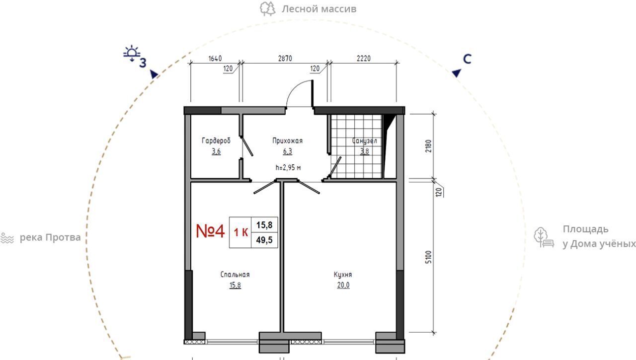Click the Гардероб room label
[216, 141]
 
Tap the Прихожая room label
[287, 141]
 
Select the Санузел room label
[365, 141]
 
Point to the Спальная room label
[235, 275]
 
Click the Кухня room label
[343, 275]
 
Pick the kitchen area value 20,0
[343, 285]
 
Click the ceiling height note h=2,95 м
[288, 168]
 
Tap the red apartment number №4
[210, 231]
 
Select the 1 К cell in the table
[241, 232]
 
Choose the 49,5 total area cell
[264, 240]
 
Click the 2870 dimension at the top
[285, 59]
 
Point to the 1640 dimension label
[215, 59]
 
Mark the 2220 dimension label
[364, 59]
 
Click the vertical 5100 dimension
[428, 257]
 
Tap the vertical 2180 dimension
[428, 146]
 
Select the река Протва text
[50, 237]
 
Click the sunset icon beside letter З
[132, 53]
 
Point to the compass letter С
[467, 59]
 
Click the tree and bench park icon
[544, 237]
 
